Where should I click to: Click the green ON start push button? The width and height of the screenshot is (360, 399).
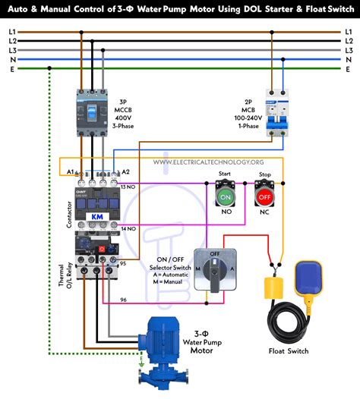[x=225, y=197]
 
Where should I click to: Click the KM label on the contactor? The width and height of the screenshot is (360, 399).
[x=96, y=216]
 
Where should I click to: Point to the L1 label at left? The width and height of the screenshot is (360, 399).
[x=10, y=33]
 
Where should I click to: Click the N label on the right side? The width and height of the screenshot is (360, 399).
[x=348, y=59]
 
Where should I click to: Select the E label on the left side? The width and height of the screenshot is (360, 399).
[x=10, y=68]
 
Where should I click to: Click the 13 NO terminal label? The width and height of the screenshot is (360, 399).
[x=128, y=186]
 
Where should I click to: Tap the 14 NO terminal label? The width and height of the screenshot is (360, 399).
[x=128, y=228]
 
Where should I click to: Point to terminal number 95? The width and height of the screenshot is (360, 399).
[x=123, y=263]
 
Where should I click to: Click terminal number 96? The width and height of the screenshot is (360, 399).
[x=123, y=300]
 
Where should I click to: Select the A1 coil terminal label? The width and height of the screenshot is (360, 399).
[x=70, y=172]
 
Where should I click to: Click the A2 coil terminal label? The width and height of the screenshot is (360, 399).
[x=125, y=172]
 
